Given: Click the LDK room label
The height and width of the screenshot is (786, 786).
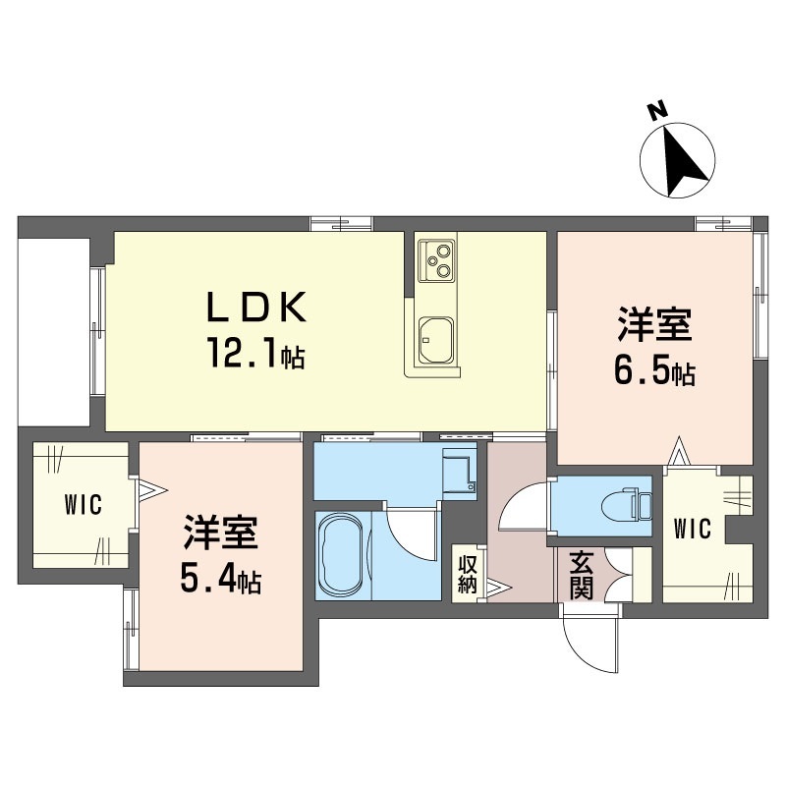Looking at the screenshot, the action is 256,307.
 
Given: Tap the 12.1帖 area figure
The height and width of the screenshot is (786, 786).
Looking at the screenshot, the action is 256,354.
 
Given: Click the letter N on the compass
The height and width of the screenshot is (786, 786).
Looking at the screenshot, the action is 656,111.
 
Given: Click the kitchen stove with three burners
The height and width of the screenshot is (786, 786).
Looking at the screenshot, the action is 436,259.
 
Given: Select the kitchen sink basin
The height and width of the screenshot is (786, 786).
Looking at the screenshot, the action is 436,340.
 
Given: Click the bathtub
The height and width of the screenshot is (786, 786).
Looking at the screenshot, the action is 342,554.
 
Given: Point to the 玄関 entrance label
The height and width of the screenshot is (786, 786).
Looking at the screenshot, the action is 582,575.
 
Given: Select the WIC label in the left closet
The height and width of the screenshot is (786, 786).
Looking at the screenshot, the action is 84,504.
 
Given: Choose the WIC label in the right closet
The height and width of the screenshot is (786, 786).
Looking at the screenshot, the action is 693,529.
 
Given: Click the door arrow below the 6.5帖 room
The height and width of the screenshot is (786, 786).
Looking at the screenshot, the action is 679,451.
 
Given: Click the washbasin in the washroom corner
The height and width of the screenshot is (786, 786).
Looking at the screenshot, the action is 459,473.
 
